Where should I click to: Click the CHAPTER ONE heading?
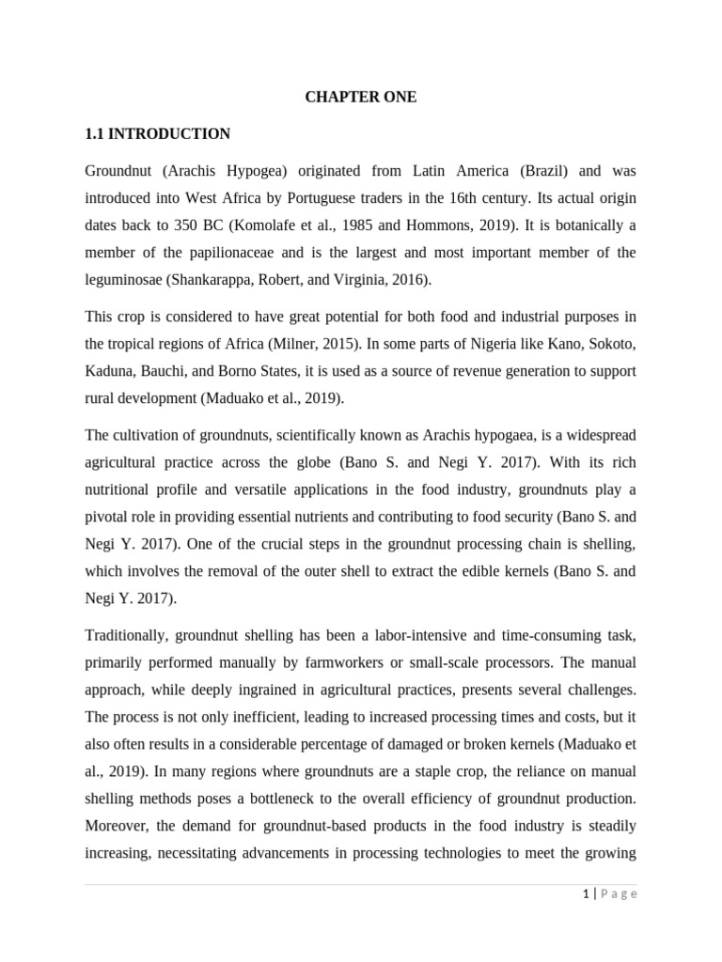pos(360,98)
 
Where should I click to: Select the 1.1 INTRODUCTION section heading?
pos(157,134)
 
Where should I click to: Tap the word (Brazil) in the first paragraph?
pos(531,171)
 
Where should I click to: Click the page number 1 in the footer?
pos(585,894)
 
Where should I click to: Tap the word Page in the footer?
pos(619,894)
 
